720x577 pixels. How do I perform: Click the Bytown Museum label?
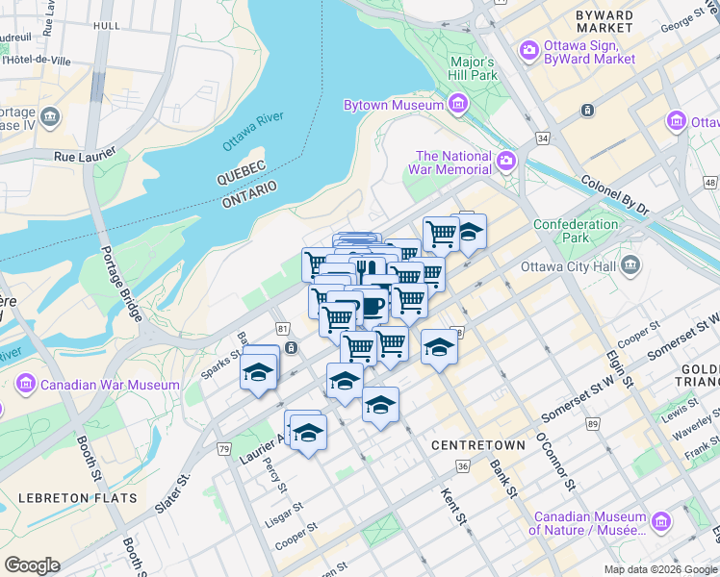click(393, 105)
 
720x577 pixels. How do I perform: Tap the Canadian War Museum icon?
click(26, 386)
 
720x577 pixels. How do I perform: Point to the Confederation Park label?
click(576, 231)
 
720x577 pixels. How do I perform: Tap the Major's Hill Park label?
click(473, 68)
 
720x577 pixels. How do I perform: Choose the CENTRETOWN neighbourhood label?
click(478, 445)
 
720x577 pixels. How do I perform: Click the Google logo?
click(32, 565)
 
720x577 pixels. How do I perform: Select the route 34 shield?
click(544, 139)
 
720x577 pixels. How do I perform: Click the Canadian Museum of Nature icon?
click(660, 522)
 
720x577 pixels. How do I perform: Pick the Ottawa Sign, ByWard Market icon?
click(528, 50)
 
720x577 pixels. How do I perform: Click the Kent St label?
click(453, 508)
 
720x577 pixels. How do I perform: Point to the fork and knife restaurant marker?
click(366, 269)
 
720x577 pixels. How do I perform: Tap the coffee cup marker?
click(372, 306)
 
